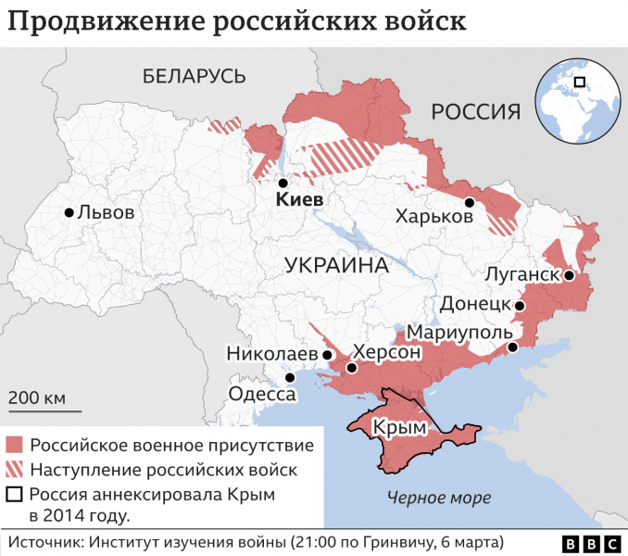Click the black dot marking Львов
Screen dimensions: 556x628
pyautogui.click(x=69, y=212)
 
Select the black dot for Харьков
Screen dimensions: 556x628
pyautogui.click(x=470, y=202)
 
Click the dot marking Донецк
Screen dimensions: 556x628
pyautogui.click(x=520, y=305)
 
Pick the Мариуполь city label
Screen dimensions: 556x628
pyautogui.click(x=459, y=332)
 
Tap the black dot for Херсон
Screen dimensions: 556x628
pyautogui.click(x=351, y=368)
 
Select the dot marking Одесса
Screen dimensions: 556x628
pyautogui.click(x=290, y=377)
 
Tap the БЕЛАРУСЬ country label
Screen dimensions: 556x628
pyautogui.click(x=194, y=76)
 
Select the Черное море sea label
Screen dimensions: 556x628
pyautogui.click(x=439, y=498)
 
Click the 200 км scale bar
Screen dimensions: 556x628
pyautogui.click(x=44, y=410)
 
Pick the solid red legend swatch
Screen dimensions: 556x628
pyautogui.click(x=14, y=445)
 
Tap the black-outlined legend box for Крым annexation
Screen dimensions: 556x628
pyautogui.click(x=14, y=494)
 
